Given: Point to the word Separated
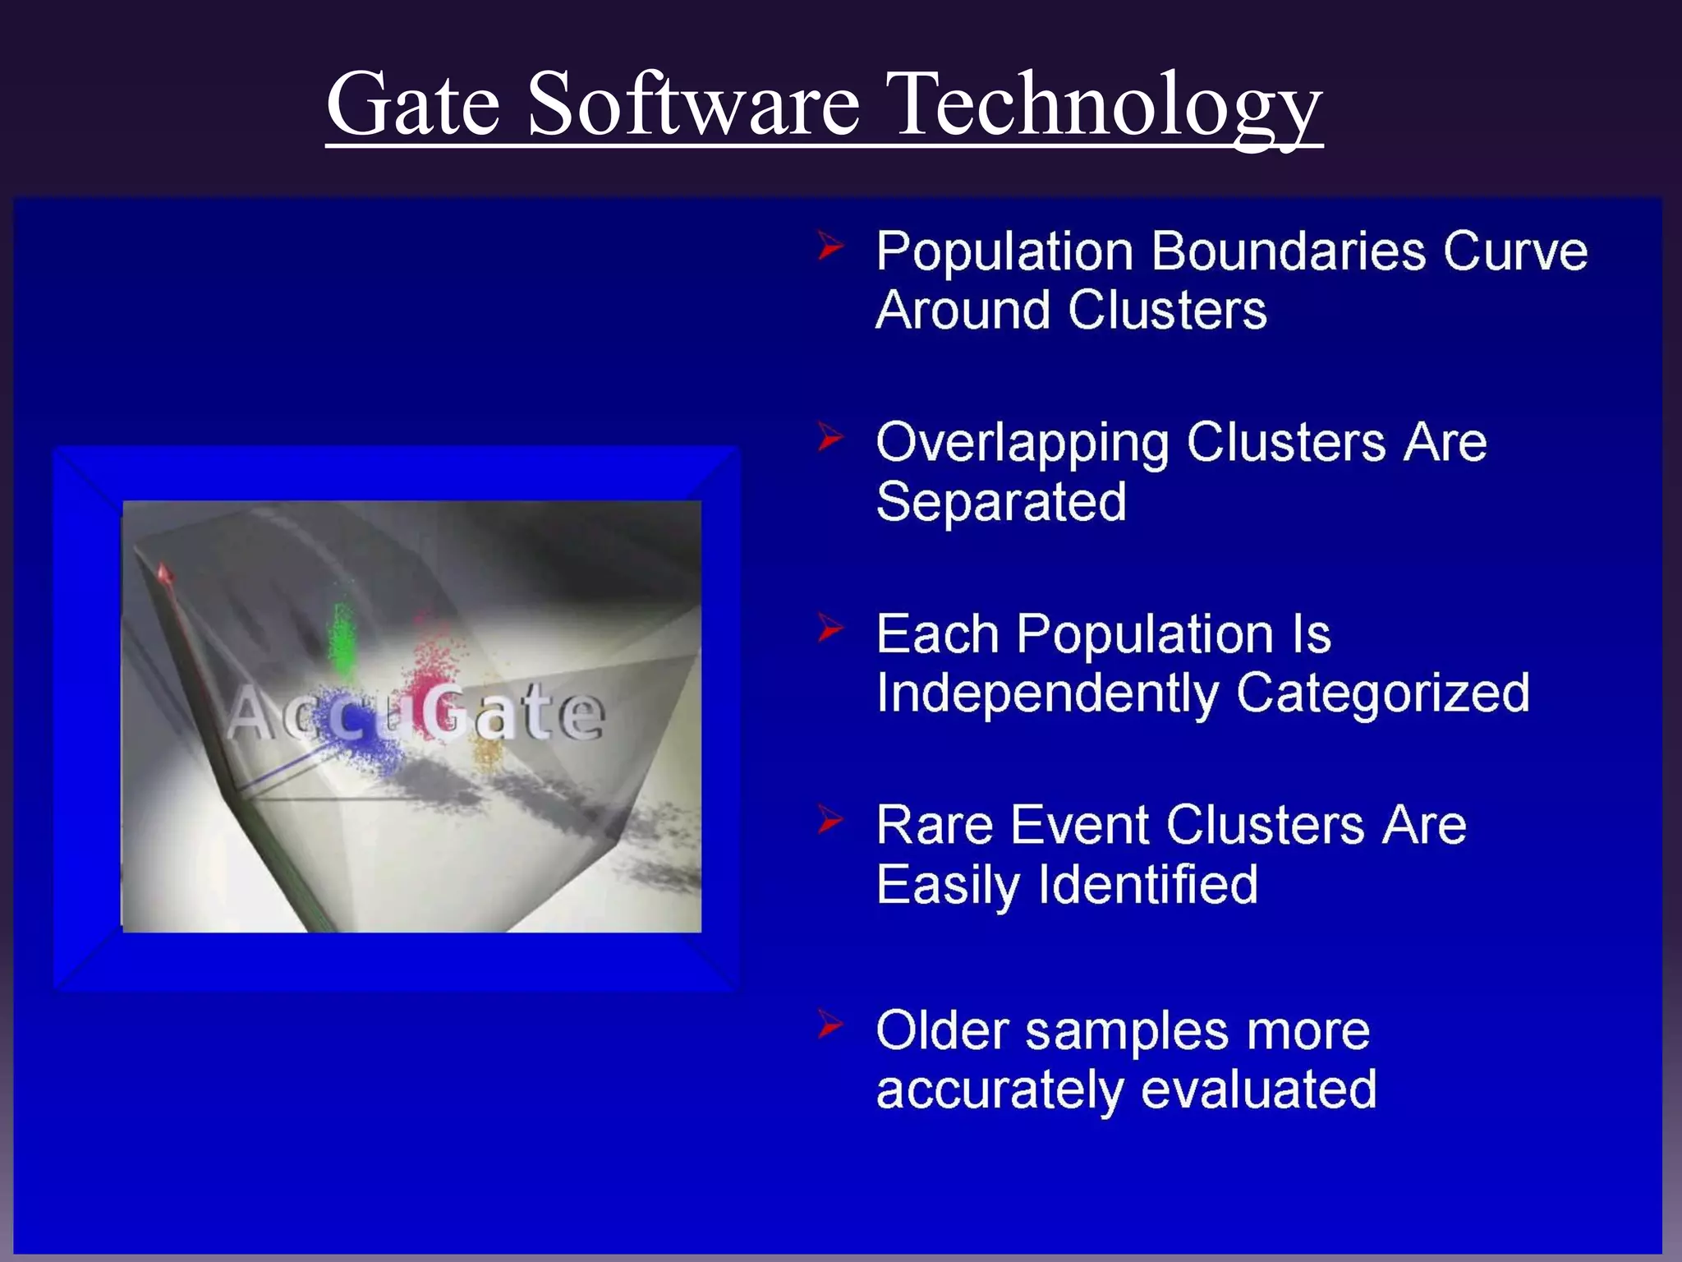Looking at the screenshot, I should pyautogui.click(x=1000, y=501).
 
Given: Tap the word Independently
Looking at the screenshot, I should pyautogui.click(x=1046, y=693).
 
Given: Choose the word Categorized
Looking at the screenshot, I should pyautogui.click(x=1382, y=693).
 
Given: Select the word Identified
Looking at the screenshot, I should pyautogui.click(x=1147, y=884).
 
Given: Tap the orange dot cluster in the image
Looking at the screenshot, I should pyautogui.click(x=489, y=752).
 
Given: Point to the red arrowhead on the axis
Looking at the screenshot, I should pyautogui.click(x=164, y=573).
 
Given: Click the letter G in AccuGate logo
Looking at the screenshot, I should pyautogui.click(x=444, y=710).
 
